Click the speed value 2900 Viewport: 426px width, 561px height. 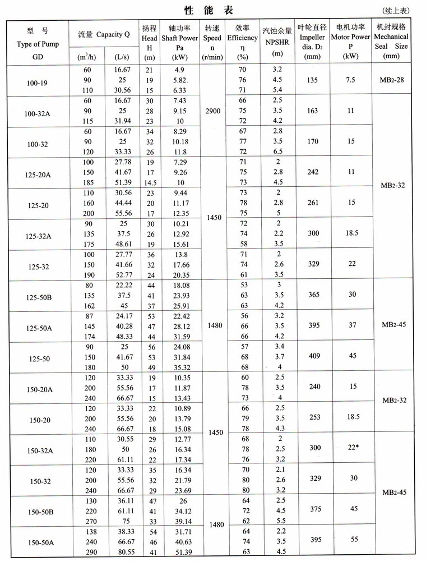click(213, 111)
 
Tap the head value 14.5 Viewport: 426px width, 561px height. click(149, 182)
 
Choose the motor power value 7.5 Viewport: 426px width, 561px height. click(351, 80)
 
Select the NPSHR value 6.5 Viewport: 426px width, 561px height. click(276, 151)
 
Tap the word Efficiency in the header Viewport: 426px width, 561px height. click(242, 38)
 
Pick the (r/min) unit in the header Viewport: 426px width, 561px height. click(212, 57)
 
